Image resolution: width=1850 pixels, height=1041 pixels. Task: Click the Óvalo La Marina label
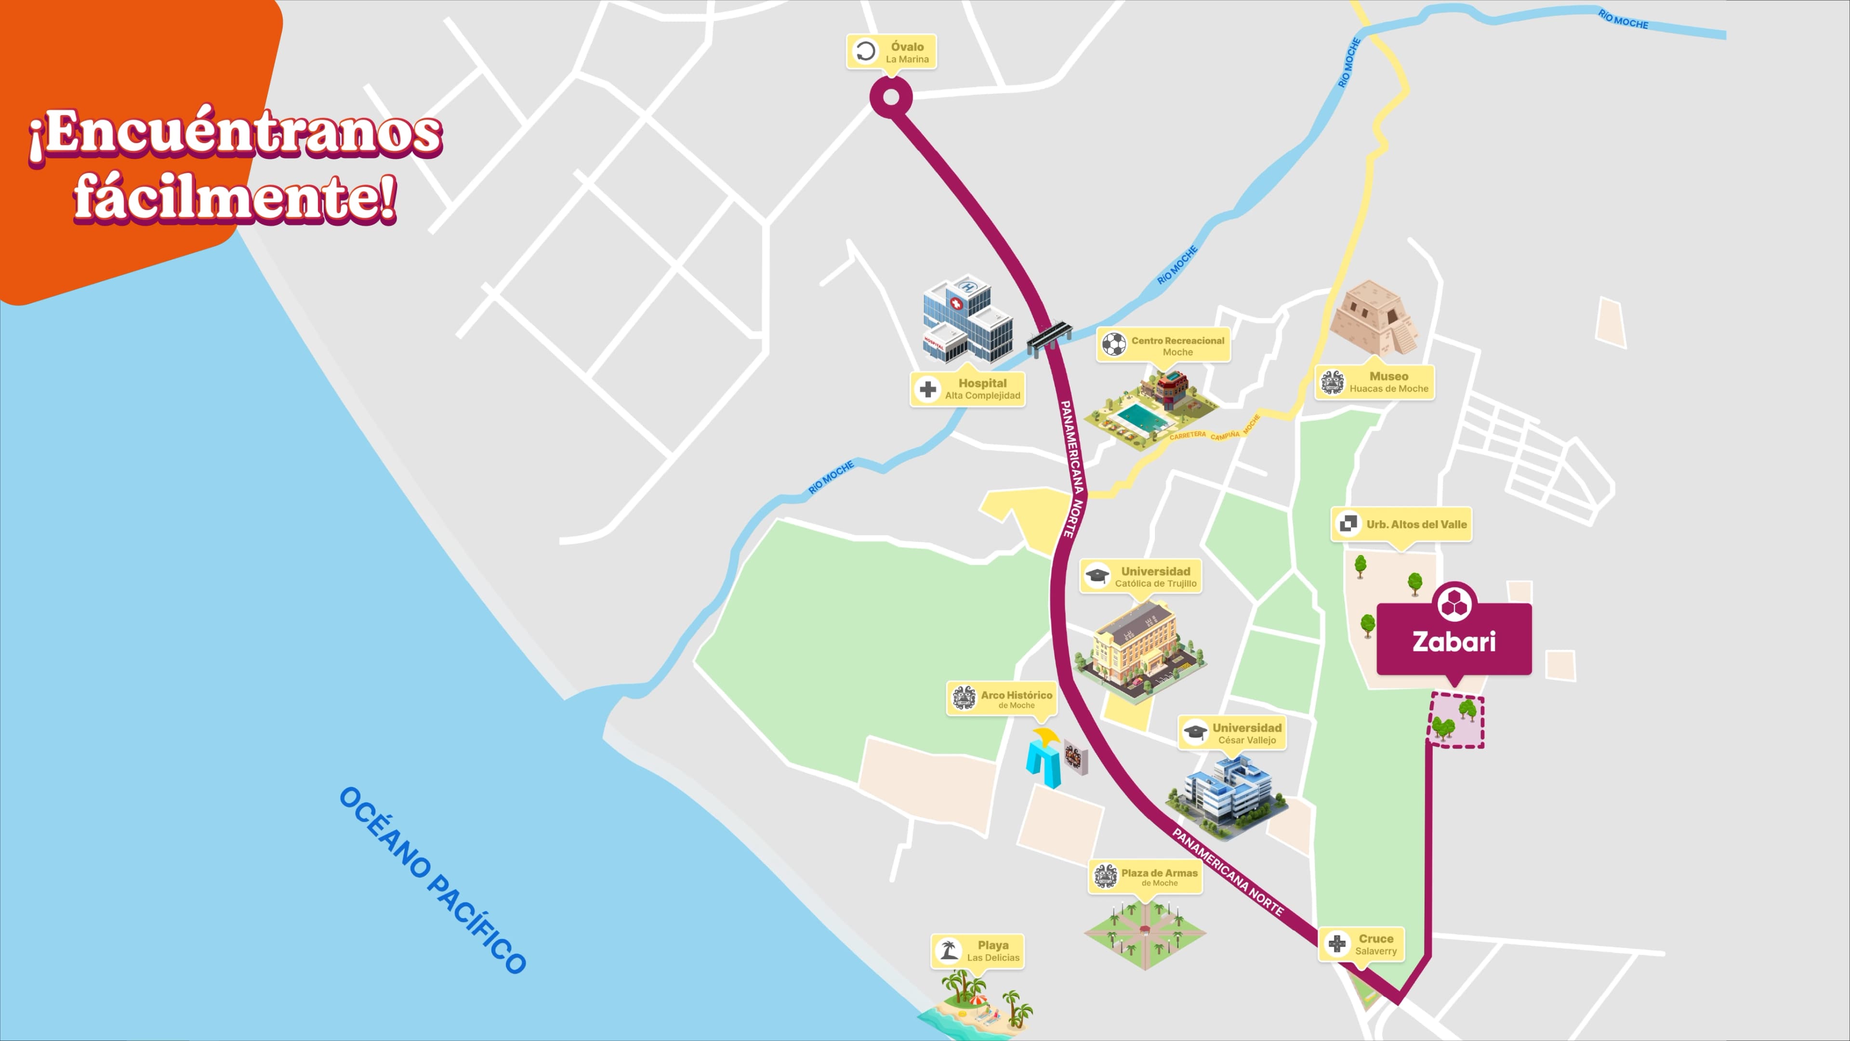tap(892, 52)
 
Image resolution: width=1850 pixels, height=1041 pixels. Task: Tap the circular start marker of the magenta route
tap(890, 97)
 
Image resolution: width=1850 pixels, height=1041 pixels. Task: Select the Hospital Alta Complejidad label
tap(967, 389)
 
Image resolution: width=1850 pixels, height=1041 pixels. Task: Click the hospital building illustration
tap(966, 319)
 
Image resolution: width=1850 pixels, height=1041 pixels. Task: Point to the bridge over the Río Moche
tap(1049, 337)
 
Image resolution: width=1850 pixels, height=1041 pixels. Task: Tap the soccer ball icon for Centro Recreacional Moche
tap(1114, 345)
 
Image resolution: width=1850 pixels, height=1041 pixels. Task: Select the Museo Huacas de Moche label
tap(1374, 382)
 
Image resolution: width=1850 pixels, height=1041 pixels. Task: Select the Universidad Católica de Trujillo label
tap(1140, 577)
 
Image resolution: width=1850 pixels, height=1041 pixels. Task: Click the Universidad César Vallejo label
tap(1232, 733)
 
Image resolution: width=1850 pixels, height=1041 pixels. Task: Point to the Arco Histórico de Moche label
tap(1002, 698)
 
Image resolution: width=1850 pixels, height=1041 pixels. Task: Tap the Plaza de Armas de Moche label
tap(1145, 877)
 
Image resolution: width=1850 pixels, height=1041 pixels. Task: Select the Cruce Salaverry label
tap(1361, 944)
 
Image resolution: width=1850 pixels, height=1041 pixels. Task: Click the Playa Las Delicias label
tap(978, 950)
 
